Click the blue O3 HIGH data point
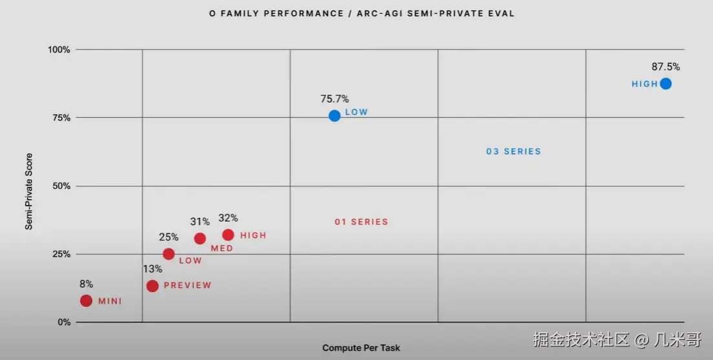pos(665,83)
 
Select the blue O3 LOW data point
pos(334,116)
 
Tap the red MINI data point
pos(86,301)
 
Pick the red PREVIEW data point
pos(153,286)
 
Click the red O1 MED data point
pos(200,238)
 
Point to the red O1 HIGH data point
pos(228,235)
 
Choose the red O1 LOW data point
pos(169,254)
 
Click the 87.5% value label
pos(666,67)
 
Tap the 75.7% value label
pos(334,99)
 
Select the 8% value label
pos(86,284)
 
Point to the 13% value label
pos(153,269)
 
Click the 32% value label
pos(228,218)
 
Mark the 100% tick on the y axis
pos(59,50)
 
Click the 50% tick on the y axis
pos(61,186)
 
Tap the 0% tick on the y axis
pos(63,322)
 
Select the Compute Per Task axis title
pos(361,348)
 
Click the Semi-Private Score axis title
pos(29,191)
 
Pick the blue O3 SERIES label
pos(513,152)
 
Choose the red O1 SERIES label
pos(361,222)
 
